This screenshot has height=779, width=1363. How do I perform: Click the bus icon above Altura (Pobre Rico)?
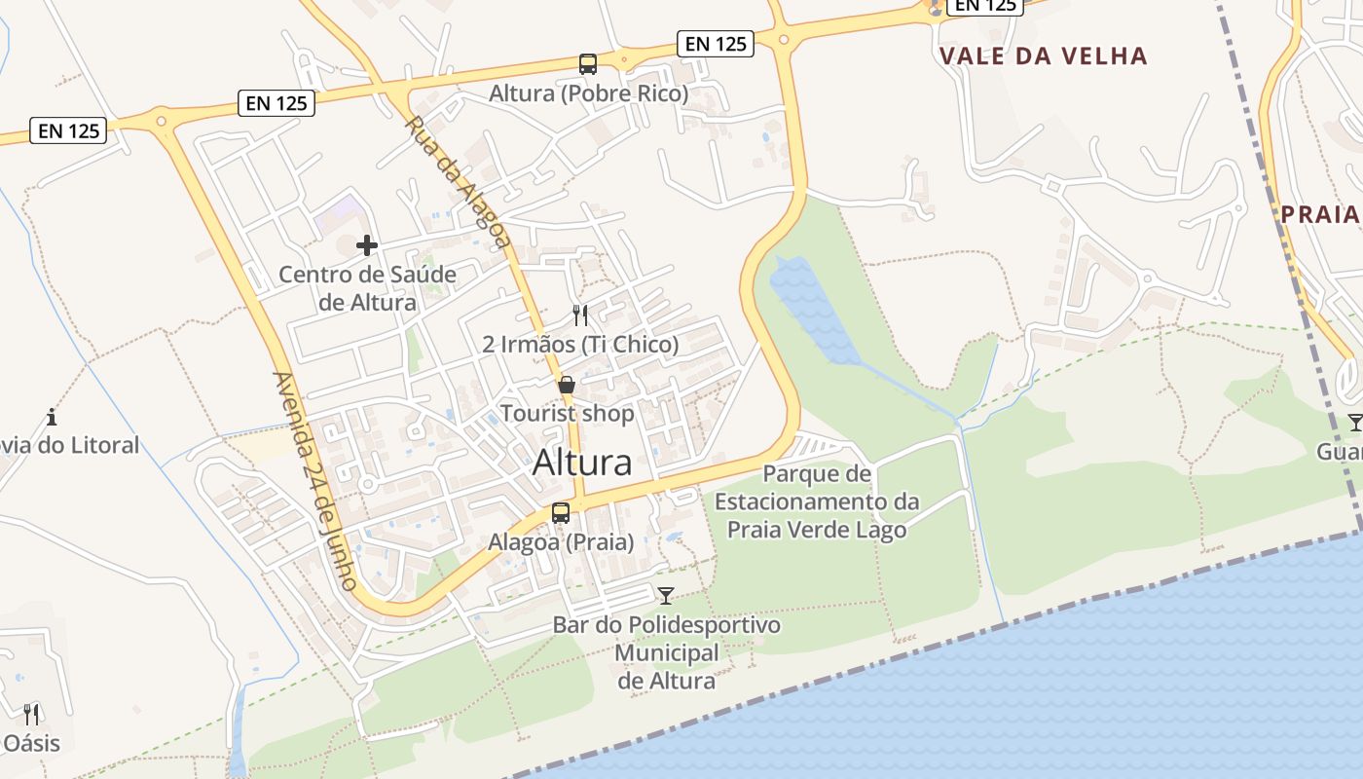click(588, 64)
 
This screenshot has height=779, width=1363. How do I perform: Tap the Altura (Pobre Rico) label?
click(588, 94)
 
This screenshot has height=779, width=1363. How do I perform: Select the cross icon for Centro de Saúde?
click(367, 245)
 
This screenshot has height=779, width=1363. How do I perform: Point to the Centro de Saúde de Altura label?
click(367, 288)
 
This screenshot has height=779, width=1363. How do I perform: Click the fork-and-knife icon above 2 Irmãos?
click(580, 315)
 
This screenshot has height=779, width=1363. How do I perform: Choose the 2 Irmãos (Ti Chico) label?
click(580, 344)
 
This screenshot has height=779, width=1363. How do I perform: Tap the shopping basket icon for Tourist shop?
click(567, 385)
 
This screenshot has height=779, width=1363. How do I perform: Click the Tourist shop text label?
click(567, 413)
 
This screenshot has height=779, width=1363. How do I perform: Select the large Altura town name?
click(582, 463)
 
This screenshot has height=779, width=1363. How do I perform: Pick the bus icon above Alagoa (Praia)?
click(561, 513)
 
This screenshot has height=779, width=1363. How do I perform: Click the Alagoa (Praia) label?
click(561, 542)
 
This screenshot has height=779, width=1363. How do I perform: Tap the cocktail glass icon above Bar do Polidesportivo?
click(666, 595)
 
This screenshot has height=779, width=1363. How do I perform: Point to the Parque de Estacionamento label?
click(817, 501)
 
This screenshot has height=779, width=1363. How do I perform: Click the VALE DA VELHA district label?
click(1044, 56)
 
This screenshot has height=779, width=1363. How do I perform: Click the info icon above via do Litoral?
click(52, 418)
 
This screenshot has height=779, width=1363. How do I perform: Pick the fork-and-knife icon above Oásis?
click(31, 715)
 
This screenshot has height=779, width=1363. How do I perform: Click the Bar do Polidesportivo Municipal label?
click(667, 652)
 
